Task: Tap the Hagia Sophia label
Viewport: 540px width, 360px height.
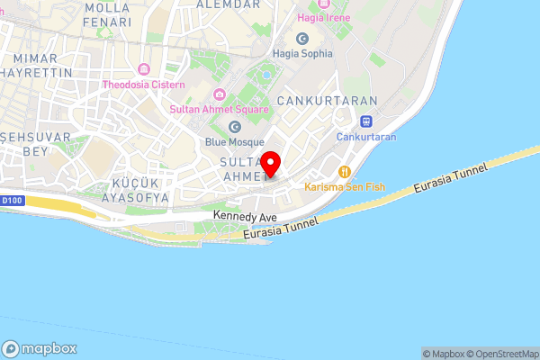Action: pyautogui.click(x=301, y=53)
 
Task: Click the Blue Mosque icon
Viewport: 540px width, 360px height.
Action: pyautogui.click(x=235, y=127)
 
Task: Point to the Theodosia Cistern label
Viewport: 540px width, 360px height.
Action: pyautogui.click(x=143, y=85)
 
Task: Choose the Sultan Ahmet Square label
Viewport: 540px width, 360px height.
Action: pyautogui.click(x=219, y=110)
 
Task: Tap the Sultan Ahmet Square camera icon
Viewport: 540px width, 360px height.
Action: pyautogui.click(x=219, y=94)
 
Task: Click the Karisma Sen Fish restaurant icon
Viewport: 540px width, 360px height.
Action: pyautogui.click(x=344, y=172)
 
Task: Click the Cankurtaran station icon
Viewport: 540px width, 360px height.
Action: pyautogui.click(x=365, y=121)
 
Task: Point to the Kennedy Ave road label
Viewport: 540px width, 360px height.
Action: pyautogui.click(x=245, y=217)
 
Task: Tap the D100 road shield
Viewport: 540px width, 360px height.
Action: pyautogui.click(x=10, y=200)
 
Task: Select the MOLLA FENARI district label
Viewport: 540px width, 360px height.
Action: pyautogui.click(x=107, y=13)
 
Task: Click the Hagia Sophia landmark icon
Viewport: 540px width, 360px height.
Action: pyautogui.click(x=301, y=38)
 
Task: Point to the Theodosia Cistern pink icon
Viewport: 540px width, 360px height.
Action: pyautogui.click(x=142, y=69)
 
